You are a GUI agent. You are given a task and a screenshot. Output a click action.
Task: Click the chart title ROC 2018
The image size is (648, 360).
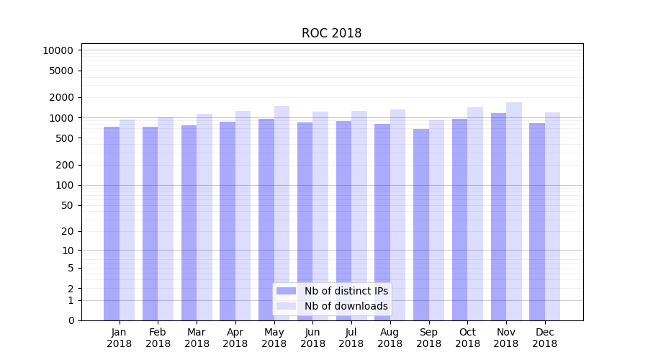(x=331, y=33)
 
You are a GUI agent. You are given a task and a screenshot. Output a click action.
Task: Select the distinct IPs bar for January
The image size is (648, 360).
(x=112, y=223)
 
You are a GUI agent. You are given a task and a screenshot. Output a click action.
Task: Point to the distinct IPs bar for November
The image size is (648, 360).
(x=498, y=216)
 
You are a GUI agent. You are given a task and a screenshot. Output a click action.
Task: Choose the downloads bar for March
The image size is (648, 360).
(x=204, y=217)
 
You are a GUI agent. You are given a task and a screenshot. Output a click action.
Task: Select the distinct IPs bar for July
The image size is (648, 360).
(x=343, y=220)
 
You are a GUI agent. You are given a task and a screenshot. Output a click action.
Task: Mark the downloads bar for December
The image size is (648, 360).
(x=553, y=216)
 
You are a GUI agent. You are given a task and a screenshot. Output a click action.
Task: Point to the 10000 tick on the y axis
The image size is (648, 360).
(x=58, y=50)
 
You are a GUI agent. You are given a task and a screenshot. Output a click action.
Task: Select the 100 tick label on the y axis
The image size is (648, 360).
(x=64, y=185)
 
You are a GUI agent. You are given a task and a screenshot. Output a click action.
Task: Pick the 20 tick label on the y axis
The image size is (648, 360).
(x=67, y=231)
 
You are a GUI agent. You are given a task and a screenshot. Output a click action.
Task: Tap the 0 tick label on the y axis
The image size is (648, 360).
(x=71, y=320)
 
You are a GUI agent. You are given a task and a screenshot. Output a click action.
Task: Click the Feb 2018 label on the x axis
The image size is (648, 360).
(x=158, y=338)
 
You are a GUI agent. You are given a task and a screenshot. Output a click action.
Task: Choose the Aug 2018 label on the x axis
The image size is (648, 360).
(x=390, y=338)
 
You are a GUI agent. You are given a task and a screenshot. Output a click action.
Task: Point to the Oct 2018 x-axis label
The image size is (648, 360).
(x=467, y=338)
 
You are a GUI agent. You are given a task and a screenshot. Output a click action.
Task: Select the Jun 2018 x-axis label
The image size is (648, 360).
(x=312, y=338)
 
